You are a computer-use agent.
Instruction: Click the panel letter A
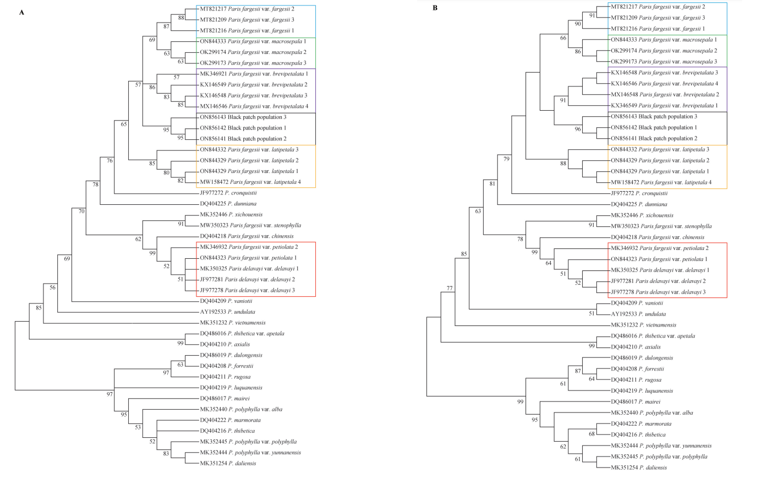tap(21, 12)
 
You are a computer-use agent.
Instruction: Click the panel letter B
tap(435, 8)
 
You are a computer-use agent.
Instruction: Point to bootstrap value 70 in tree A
tap(81, 211)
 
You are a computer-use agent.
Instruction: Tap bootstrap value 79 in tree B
tap(507, 159)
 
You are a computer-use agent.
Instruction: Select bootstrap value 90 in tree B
tap(578, 24)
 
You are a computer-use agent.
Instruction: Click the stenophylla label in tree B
tap(676, 226)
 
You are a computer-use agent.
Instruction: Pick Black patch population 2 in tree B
tap(654, 138)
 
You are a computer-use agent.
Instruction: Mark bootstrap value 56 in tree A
tap(53, 287)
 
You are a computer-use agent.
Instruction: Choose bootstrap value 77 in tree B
tap(450, 289)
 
